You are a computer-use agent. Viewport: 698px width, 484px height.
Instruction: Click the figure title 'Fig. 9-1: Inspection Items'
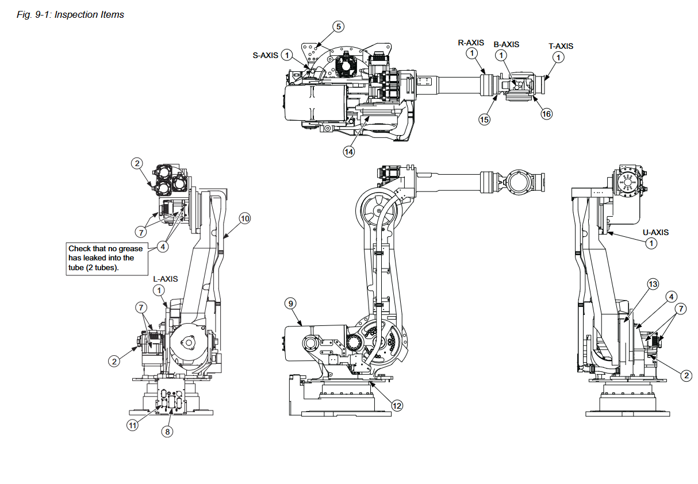(70, 14)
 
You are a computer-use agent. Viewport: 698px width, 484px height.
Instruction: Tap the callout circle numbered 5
(339, 26)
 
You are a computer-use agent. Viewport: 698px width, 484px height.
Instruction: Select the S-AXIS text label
(265, 55)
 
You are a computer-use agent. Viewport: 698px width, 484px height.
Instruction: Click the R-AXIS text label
(471, 43)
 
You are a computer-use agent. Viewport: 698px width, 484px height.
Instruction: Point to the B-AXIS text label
(507, 44)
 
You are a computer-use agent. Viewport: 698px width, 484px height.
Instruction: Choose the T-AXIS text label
(561, 46)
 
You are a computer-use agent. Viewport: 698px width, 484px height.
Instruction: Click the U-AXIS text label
(655, 232)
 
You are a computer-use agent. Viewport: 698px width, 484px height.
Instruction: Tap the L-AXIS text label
(166, 279)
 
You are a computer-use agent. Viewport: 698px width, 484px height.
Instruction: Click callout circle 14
(348, 152)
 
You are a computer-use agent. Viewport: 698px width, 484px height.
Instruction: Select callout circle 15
(484, 120)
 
